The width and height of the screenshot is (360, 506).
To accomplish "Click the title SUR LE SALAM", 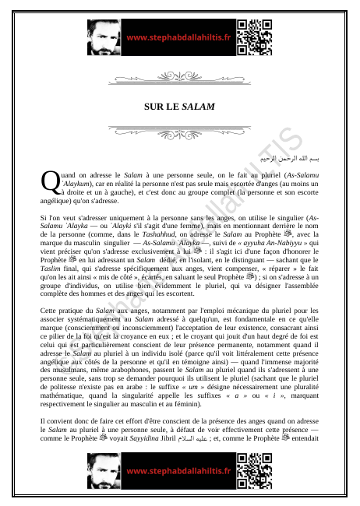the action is click(x=179, y=105).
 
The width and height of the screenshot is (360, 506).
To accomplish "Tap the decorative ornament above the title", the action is click(x=179, y=78).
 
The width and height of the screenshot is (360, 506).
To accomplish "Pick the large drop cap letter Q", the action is click(x=49, y=181).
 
